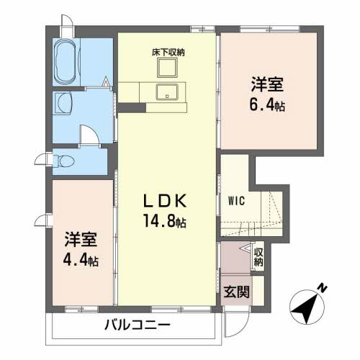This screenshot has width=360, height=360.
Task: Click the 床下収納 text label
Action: pos(167,53)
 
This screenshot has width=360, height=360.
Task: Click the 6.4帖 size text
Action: pos(268,106)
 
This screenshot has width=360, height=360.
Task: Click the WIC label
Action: pos(237,202)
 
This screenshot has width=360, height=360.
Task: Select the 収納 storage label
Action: pos(258,256)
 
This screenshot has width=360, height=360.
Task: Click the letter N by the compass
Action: pos(325,289)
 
